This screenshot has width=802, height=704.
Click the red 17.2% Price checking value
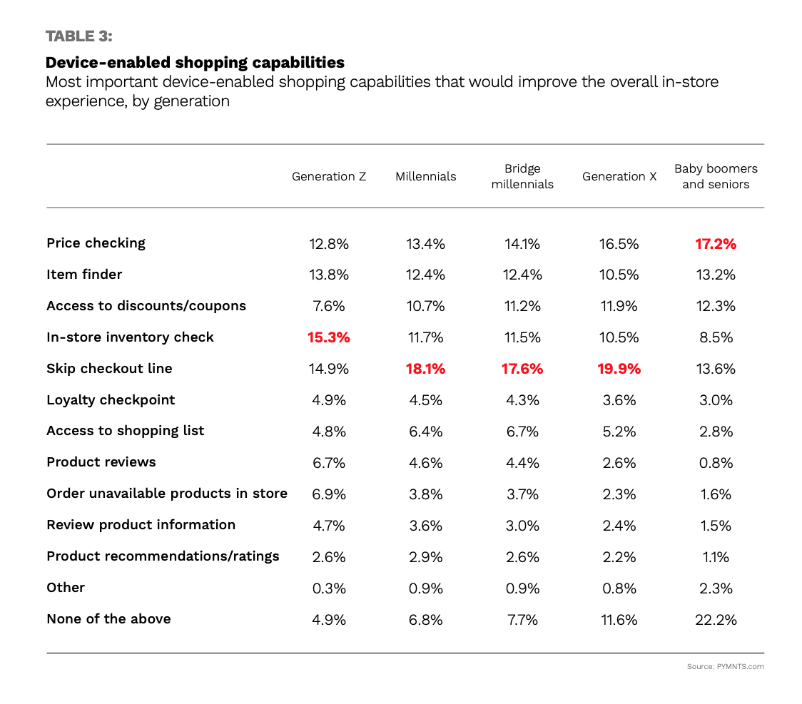pyautogui.click(x=716, y=244)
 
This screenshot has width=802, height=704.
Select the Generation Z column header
pyautogui.click(x=329, y=176)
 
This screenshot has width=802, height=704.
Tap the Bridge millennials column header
pyautogui.click(x=522, y=176)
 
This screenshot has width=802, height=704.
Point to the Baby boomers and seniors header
pyautogui.click(x=716, y=176)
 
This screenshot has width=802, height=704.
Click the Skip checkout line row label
pyautogui.click(x=109, y=369)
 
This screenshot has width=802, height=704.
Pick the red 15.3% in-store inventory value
pyautogui.click(x=329, y=337)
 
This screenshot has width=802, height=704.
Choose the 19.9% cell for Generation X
pyautogui.click(x=619, y=369)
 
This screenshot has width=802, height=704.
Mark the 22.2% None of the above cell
pyautogui.click(x=716, y=620)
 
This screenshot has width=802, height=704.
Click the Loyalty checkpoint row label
pyautogui.click(x=111, y=400)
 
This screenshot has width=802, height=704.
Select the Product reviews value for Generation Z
pyautogui.click(x=329, y=463)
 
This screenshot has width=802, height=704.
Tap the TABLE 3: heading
pyautogui.click(x=79, y=36)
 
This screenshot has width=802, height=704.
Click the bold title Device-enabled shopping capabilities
pyautogui.click(x=195, y=62)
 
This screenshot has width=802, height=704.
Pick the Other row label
pyautogui.click(x=66, y=588)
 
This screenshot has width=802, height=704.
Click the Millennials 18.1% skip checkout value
pyautogui.click(x=425, y=369)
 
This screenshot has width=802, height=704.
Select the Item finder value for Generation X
pyautogui.click(x=619, y=275)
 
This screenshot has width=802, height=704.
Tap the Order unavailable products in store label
pyautogui.click(x=167, y=494)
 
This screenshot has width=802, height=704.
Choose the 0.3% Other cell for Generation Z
pyautogui.click(x=329, y=588)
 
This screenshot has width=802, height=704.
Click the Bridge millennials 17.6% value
pyautogui.click(x=522, y=369)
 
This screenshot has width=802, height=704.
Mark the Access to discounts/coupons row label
pyautogui.click(x=146, y=306)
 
